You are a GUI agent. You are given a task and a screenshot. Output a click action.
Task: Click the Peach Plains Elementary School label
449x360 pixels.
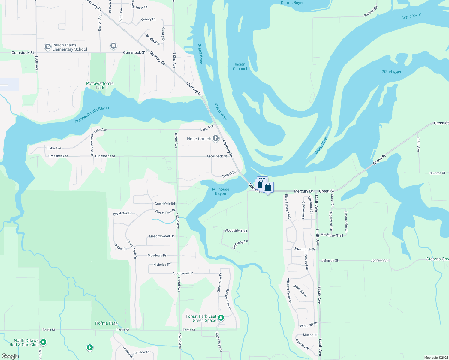pos(69,47)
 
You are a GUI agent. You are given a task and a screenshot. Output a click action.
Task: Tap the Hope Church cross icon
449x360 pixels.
pos(216,138)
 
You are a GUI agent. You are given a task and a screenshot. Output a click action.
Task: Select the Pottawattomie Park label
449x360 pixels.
pos(100,86)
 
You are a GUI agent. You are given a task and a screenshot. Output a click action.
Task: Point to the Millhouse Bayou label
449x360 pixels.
pos(221,191)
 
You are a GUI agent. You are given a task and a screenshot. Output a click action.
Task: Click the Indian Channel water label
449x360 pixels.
pos(240,67)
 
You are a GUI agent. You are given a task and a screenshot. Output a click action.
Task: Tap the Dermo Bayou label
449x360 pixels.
pos(292,3)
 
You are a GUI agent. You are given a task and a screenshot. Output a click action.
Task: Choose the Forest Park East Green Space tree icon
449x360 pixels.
pos(221,317)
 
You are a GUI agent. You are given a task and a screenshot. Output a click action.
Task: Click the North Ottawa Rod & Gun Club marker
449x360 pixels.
pos(43,342)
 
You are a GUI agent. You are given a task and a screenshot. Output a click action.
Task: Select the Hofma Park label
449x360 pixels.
pos(106,323)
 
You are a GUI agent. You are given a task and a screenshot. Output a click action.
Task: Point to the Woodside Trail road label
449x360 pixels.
pos(236,231)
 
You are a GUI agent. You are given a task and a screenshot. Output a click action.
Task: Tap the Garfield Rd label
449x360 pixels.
pos(371,11)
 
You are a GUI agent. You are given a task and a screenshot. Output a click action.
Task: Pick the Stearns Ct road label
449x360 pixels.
pos(437,173)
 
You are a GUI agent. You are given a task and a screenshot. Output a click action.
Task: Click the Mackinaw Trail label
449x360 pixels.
pos(332,235)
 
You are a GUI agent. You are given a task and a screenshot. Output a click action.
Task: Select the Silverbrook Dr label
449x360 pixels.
pos(305,249)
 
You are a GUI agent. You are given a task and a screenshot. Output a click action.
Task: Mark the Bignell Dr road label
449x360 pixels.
pos(229,174)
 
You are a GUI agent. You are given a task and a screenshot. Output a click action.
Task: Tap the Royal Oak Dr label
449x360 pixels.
pos(122,214)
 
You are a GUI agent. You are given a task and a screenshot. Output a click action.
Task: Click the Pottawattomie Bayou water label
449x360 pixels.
pos(92,115)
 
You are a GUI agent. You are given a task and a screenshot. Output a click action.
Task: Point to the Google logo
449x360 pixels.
pos(10,356)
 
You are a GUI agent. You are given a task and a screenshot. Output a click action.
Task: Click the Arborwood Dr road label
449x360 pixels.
pos(182,273)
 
